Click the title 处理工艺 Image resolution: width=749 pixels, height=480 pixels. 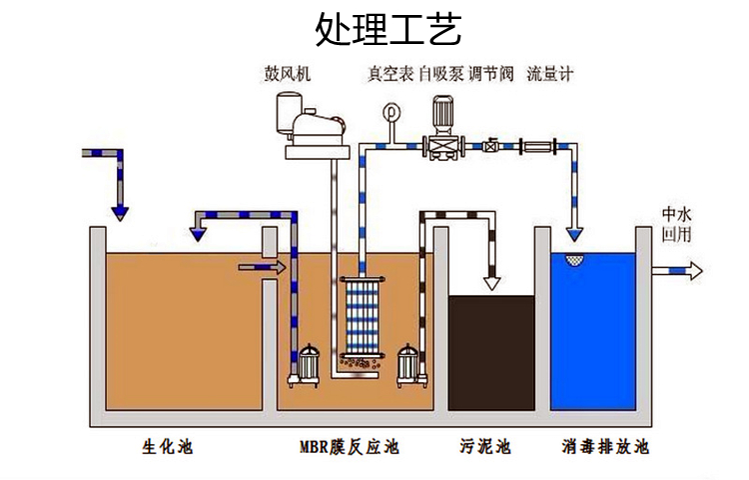click(388, 30)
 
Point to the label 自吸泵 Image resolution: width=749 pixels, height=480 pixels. click(440, 74)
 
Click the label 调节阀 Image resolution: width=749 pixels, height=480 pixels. click(490, 74)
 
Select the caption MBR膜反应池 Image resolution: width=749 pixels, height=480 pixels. click(349, 446)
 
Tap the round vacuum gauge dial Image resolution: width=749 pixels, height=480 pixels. click(389, 113)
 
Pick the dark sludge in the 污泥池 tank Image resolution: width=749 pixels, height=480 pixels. click(490, 350)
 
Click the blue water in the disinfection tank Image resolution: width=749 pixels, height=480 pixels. click(593, 330)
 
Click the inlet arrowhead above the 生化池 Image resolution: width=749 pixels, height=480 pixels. click(120, 211)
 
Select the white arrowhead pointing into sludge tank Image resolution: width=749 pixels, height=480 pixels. click(491, 282)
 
